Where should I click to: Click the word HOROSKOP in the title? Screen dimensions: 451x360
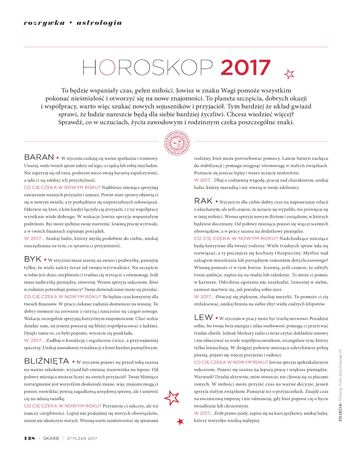(148, 68)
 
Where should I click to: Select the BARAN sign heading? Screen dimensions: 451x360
(39, 157)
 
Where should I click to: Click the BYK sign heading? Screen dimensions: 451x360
(33, 258)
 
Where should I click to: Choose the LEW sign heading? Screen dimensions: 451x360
(203, 317)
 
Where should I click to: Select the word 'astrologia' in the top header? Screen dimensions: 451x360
(100, 23)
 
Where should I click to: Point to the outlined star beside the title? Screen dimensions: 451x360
(289, 74)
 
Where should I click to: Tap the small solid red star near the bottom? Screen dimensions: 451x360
(180, 422)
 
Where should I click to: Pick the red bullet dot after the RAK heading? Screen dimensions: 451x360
(217, 202)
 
